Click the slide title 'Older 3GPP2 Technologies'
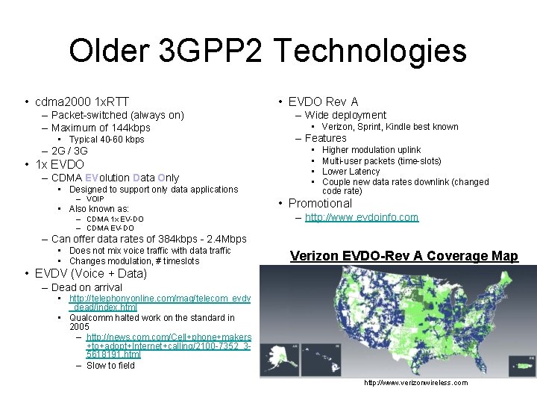point(268,51)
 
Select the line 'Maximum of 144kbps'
point(101,128)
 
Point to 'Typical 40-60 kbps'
point(107,140)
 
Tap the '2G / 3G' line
point(69,151)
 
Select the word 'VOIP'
point(95,199)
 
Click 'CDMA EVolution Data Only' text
point(115,178)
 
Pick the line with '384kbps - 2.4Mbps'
point(148,239)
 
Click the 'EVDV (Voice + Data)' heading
point(91,273)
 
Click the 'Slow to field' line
point(110,366)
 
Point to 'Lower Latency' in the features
point(351,172)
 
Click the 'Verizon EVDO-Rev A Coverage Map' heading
point(403,256)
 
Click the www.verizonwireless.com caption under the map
point(415,383)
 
